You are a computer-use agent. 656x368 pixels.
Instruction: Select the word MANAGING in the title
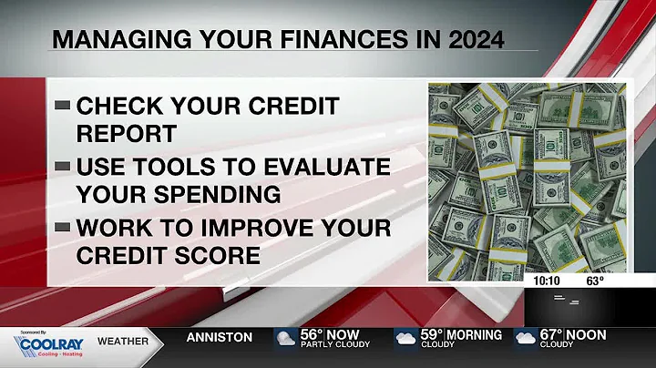[108, 40]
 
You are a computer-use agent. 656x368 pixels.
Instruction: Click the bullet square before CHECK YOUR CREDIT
[63, 106]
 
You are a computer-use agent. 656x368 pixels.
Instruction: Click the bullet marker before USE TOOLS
[63, 168]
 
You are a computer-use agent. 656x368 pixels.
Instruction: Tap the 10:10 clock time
[547, 281]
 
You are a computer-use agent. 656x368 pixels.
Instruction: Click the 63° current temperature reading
[595, 281]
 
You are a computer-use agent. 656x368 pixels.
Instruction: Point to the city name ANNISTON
[220, 337]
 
